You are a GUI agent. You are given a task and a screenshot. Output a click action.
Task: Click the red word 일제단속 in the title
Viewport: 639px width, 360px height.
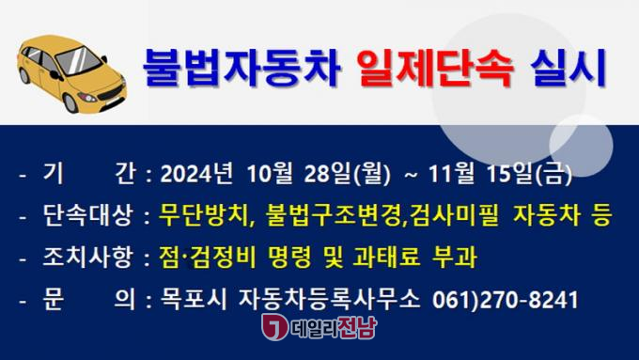(x=435, y=68)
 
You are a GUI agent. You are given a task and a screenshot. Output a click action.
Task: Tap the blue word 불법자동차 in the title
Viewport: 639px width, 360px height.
(x=242, y=68)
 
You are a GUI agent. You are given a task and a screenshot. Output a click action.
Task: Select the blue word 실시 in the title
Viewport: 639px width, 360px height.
(x=569, y=68)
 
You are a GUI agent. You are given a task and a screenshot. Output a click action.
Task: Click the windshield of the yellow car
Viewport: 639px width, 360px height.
(x=78, y=60)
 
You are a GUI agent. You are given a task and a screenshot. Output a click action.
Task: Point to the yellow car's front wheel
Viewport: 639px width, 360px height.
(x=70, y=102)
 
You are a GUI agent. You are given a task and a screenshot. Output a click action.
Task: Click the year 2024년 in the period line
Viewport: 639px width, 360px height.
(x=196, y=174)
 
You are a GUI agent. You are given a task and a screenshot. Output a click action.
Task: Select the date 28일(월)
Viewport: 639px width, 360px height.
(x=347, y=174)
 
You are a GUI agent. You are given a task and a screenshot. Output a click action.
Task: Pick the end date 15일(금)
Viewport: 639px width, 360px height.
(x=529, y=174)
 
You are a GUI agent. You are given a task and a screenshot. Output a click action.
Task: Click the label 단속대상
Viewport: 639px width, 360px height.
(x=87, y=215)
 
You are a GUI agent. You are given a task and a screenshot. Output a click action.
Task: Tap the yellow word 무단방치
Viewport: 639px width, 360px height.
(x=203, y=215)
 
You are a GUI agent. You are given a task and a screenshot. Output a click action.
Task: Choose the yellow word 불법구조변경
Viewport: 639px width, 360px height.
(x=333, y=215)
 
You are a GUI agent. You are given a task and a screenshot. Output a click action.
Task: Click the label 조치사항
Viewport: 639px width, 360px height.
(x=87, y=258)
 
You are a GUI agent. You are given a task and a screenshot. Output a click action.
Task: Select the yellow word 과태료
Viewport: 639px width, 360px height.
(x=386, y=258)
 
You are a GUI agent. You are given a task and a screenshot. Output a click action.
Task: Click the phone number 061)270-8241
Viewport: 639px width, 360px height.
(x=505, y=300)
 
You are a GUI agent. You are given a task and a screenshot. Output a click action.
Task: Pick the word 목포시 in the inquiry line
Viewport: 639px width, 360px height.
(x=193, y=300)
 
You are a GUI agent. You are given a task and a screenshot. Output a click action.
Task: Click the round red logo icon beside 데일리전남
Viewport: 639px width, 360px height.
(x=273, y=327)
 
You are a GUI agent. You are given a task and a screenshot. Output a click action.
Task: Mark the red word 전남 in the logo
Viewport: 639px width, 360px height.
(x=357, y=327)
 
